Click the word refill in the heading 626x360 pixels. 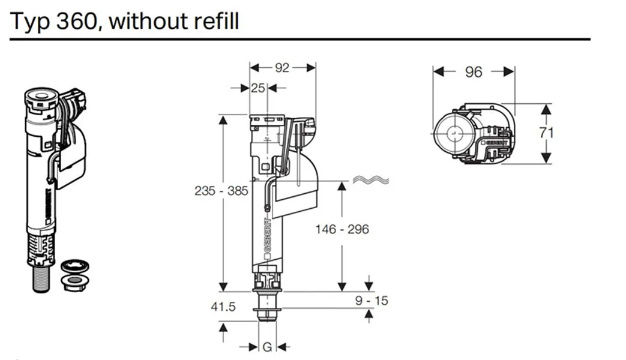point(216,21)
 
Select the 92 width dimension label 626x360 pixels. point(282,68)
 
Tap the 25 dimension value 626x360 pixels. point(258,88)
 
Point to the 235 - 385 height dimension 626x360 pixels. point(221,191)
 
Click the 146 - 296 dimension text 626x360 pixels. point(342,229)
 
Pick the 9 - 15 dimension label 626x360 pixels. point(372,300)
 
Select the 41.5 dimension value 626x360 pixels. point(223,307)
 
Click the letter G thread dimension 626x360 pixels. point(267,347)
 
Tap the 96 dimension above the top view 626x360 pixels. point(474,72)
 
